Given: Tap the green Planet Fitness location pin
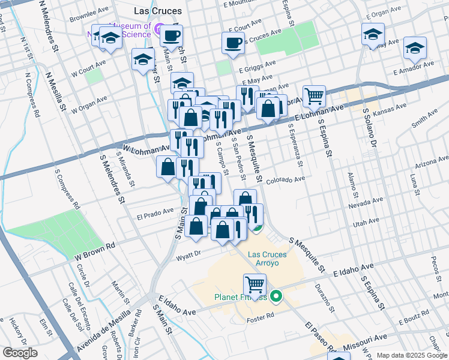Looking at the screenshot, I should [x=276, y=295].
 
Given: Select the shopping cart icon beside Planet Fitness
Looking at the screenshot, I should [x=255, y=284].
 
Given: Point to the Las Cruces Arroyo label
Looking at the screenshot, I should [x=267, y=259].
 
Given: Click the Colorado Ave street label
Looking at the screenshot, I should [x=286, y=179].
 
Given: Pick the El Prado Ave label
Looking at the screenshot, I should [x=154, y=212].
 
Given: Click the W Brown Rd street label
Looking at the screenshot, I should [x=94, y=252].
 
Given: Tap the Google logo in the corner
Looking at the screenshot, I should [x=20, y=353].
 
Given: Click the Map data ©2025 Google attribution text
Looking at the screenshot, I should [x=412, y=355].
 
